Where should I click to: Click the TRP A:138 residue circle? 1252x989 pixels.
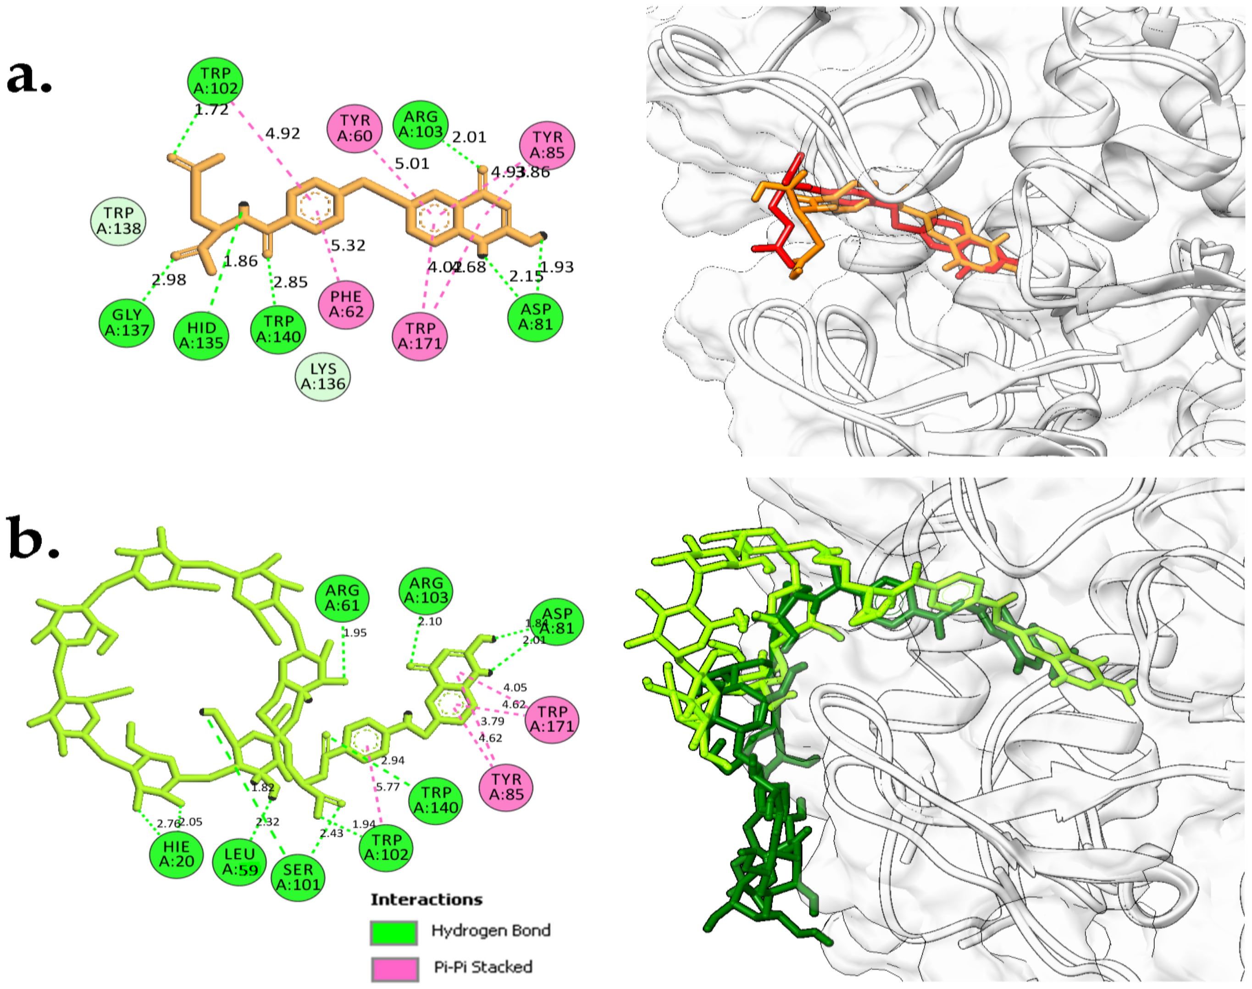pyautogui.click(x=118, y=221)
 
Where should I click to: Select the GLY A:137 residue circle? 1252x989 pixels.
pyautogui.click(x=127, y=322)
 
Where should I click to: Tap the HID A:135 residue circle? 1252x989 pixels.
pyautogui.click(x=201, y=335)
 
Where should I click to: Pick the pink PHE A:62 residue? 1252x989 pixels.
pyautogui.click(x=346, y=304)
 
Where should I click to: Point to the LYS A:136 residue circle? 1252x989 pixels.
pyautogui.click(x=323, y=377)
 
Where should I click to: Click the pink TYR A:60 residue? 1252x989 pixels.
pyautogui.click(x=355, y=128)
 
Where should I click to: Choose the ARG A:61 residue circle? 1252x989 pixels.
pyautogui.click(x=342, y=597)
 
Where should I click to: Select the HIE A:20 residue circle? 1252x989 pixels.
pyautogui.click(x=176, y=854)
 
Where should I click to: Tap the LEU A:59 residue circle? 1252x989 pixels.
pyautogui.click(x=239, y=862)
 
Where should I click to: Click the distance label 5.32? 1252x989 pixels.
pyautogui.click(x=348, y=245)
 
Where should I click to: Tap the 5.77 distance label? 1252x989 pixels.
pyautogui.click(x=388, y=787)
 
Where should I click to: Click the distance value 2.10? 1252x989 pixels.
pyautogui.click(x=429, y=621)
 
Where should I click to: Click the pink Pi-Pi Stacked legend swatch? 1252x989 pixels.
pyautogui.click(x=394, y=969)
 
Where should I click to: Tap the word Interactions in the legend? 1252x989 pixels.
pyautogui.click(x=426, y=899)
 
